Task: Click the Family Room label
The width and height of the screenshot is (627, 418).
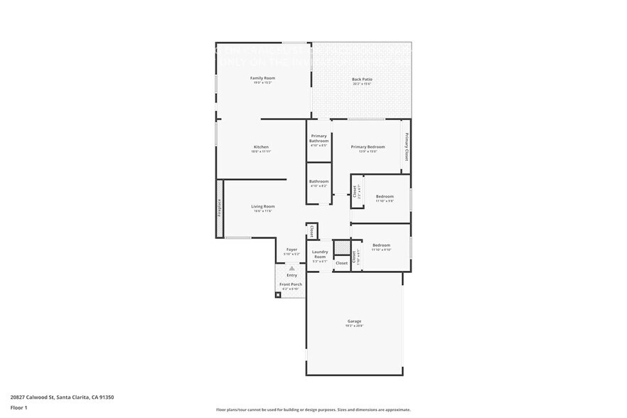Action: (x=262, y=77)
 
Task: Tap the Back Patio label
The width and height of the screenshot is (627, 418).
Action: (x=362, y=79)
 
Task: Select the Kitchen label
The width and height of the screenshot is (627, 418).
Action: (x=261, y=147)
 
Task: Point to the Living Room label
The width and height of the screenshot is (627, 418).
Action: (x=262, y=207)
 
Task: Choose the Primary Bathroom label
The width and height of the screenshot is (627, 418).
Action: (x=318, y=138)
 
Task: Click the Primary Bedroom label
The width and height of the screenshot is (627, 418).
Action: (x=368, y=146)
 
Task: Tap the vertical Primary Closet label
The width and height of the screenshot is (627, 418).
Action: (x=407, y=146)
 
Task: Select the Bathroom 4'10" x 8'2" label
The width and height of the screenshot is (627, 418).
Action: (x=318, y=181)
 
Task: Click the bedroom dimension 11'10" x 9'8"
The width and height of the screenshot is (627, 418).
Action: (x=384, y=201)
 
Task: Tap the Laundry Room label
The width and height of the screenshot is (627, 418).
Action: (x=320, y=254)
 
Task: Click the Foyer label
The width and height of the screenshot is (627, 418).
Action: (x=291, y=250)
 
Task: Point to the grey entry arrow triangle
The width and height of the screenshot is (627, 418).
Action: (x=291, y=268)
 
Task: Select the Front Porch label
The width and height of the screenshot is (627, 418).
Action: (x=290, y=284)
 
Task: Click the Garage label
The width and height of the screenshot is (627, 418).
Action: (x=354, y=321)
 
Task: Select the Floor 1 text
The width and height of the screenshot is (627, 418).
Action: (x=18, y=408)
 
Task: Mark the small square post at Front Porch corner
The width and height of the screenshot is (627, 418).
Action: (x=278, y=294)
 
